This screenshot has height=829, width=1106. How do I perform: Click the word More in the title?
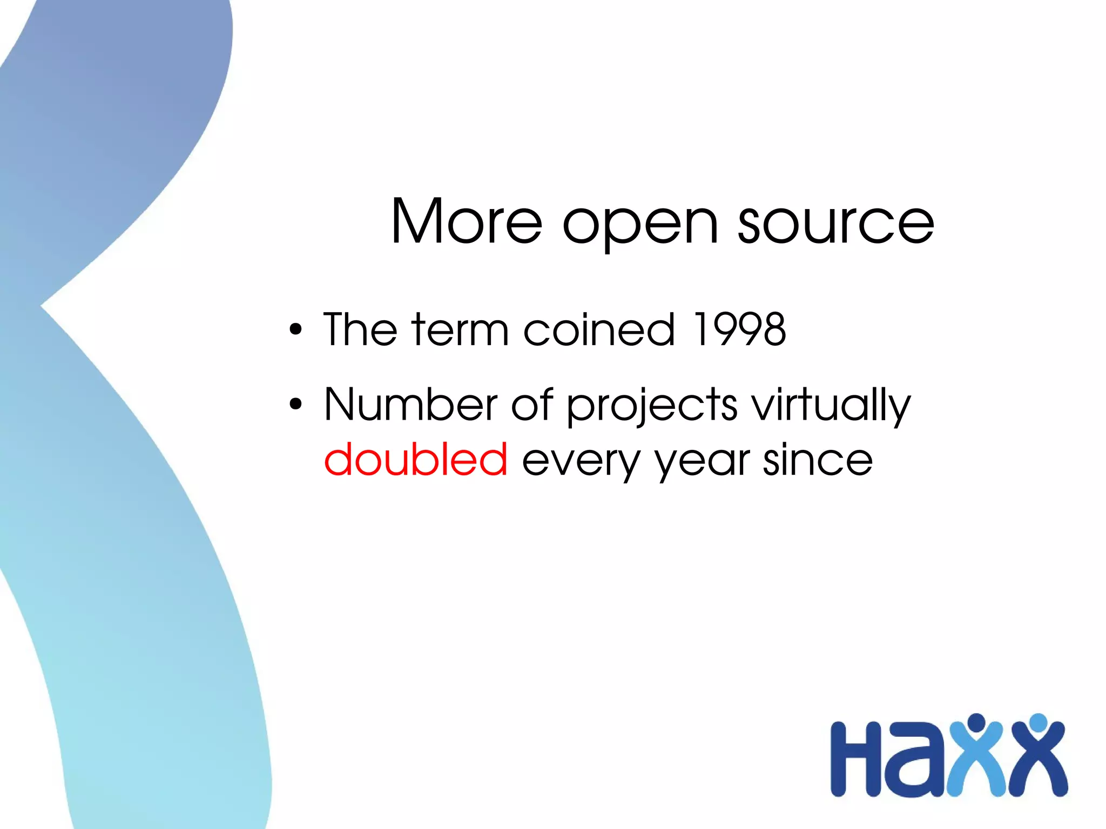466,221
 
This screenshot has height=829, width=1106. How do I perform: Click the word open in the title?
640,224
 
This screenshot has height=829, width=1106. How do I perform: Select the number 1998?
739,329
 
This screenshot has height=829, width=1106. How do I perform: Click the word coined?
599,329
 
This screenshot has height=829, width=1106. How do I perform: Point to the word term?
460,329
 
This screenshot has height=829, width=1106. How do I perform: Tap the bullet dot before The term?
295,329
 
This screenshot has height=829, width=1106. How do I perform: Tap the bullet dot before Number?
295,403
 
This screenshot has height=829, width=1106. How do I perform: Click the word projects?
652,406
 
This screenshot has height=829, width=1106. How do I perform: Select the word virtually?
832,406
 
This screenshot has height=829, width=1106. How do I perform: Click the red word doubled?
415,459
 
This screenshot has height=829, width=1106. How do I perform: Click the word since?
818,459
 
